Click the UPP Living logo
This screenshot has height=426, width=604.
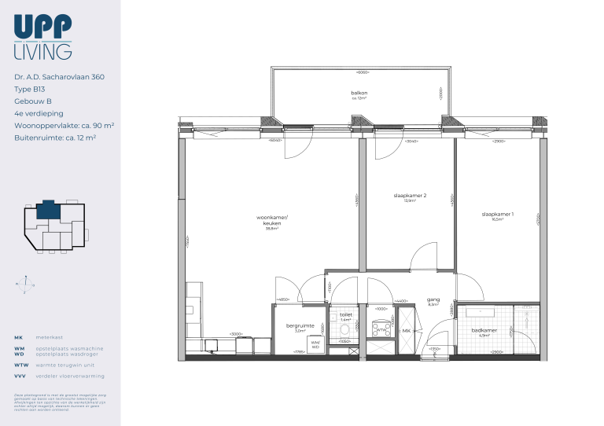[x=43, y=37]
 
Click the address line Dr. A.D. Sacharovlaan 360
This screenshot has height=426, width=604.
[x=59, y=77]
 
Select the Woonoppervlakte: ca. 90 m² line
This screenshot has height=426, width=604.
[x=64, y=125]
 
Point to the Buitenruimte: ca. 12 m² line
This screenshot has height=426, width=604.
[x=55, y=137]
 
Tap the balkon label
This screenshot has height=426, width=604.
[x=359, y=94]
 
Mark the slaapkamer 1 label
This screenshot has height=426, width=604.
[x=498, y=215]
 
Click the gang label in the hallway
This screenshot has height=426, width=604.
[x=433, y=299]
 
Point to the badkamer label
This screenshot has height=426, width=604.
[x=484, y=331]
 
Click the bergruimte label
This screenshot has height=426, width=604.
[x=300, y=326]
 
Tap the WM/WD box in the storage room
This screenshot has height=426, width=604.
[x=315, y=343]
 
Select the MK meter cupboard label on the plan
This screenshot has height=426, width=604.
[x=406, y=331]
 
